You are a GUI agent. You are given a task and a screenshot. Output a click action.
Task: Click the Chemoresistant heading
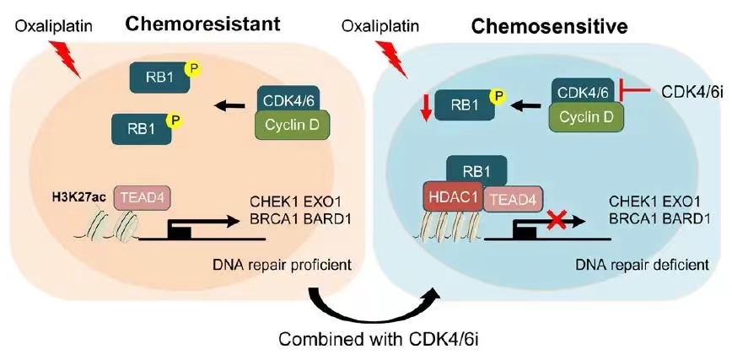pyautogui.click(x=203, y=24)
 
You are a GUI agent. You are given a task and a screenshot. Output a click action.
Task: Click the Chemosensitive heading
pyautogui.click(x=548, y=27)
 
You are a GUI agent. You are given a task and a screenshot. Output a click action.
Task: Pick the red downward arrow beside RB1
pyautogui.click(x=425, y=108)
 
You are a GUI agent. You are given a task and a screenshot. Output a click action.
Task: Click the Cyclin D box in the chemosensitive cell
pyautogui.click(x=585, y=116)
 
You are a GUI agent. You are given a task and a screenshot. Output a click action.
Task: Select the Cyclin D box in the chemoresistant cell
pyautogui.click(x=293, y=124)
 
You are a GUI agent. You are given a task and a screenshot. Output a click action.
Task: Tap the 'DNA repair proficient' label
pyautogui.click(x=282, y=266)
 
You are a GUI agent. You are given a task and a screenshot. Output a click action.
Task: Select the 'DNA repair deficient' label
pyautogui.click(x=643, y=266)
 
